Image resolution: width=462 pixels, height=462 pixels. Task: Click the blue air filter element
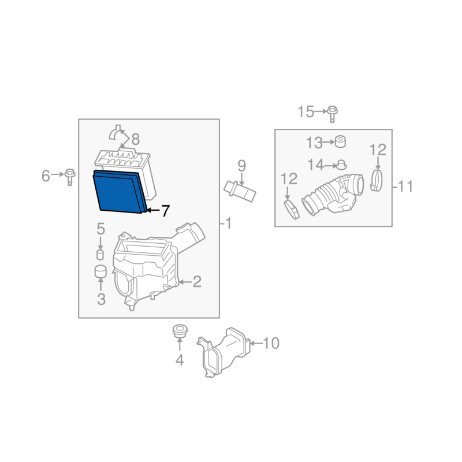[120, 192]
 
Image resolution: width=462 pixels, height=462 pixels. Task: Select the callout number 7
[166, 211]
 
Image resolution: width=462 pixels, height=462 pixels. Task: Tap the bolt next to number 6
[70, 177]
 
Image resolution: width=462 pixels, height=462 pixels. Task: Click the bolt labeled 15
[333, 114]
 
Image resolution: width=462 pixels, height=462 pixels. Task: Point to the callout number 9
[241, 166]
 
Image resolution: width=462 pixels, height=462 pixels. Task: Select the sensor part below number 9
[240, 192]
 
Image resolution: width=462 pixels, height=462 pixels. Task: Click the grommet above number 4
[180, 331]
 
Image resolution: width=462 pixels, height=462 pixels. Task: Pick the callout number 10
[271, 343]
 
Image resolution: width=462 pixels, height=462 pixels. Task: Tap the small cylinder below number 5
[100, 255]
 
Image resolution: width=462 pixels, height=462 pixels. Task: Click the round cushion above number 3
[100, 271]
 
